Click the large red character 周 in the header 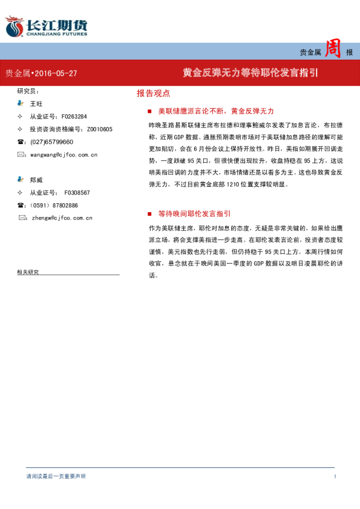click(333, 50)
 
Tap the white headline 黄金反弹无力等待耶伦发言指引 click(251, 73)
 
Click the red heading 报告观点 click(153, 94)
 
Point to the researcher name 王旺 click(36, 104)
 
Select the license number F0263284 click(74, 117)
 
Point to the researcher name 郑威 click(36, 180)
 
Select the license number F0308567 click(77, 192)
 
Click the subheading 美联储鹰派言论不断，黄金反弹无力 click(215, 111)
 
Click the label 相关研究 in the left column click(28, 272)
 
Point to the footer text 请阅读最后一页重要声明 click(56, 476)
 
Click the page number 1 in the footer click(335, 476)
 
